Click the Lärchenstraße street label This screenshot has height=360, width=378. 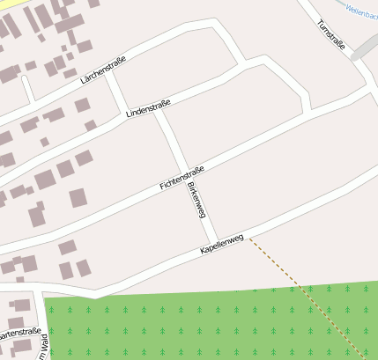pos(103,70)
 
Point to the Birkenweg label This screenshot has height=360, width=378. pos(196,201)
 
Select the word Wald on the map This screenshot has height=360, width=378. pos(44,347)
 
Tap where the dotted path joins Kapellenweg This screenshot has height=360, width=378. pos(248,236)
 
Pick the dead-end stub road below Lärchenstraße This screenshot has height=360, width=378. pos(27,88)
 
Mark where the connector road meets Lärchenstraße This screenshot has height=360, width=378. pos(109,71)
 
